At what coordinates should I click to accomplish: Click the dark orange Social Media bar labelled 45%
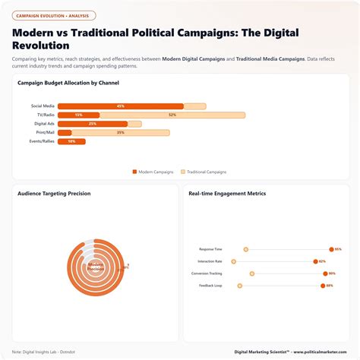[x=121, y=106]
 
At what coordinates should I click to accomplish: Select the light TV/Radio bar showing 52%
[x=172, y=115]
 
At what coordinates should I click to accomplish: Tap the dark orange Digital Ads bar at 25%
[x=92, y=124]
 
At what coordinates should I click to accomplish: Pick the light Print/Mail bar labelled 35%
[x=120, y=132]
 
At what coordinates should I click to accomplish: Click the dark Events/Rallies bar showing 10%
[x=71, y=141]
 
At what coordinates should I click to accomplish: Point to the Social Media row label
[x=42, y=106]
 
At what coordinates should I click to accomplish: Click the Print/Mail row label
[x=44, y=132]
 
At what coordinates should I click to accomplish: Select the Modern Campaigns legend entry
[x=153, y=172]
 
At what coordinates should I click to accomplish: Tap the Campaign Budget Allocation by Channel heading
[x=68, y=83]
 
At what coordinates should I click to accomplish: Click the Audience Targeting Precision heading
[x=54, y=194]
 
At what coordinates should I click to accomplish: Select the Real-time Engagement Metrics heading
[x=227, y=194]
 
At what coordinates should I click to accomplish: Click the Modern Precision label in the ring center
[x=96, y=267]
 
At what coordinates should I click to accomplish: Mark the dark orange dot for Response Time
[x=331, y=249]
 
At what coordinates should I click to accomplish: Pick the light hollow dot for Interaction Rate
[x=234, y=261]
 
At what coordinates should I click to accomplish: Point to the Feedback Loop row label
[x=211, y=286]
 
